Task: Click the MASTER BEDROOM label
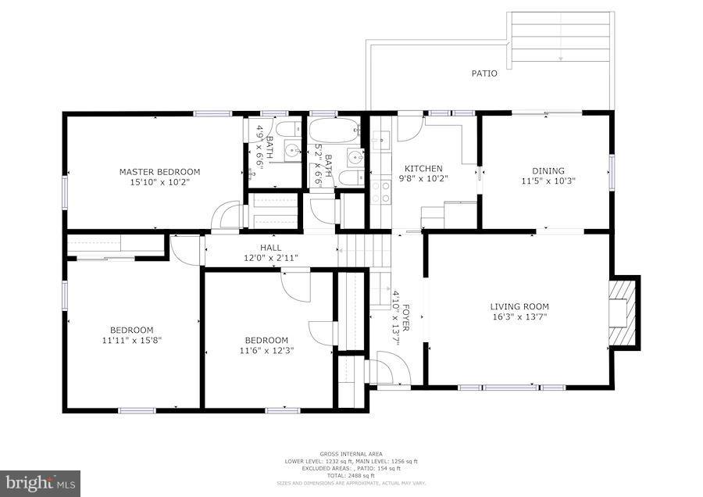point(159,172)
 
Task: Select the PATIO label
point(484,73)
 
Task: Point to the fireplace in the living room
point(623,312)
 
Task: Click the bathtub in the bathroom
point(334,129)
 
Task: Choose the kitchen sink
point(380,141)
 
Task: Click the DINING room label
point(548,171)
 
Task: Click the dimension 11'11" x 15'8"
point(131,340)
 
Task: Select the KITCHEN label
point(423,169)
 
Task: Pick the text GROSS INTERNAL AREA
point(350,454)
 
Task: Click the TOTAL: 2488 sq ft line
point(350,476)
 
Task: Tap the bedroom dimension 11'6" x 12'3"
point(266,351)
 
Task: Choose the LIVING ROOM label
point(519,306)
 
